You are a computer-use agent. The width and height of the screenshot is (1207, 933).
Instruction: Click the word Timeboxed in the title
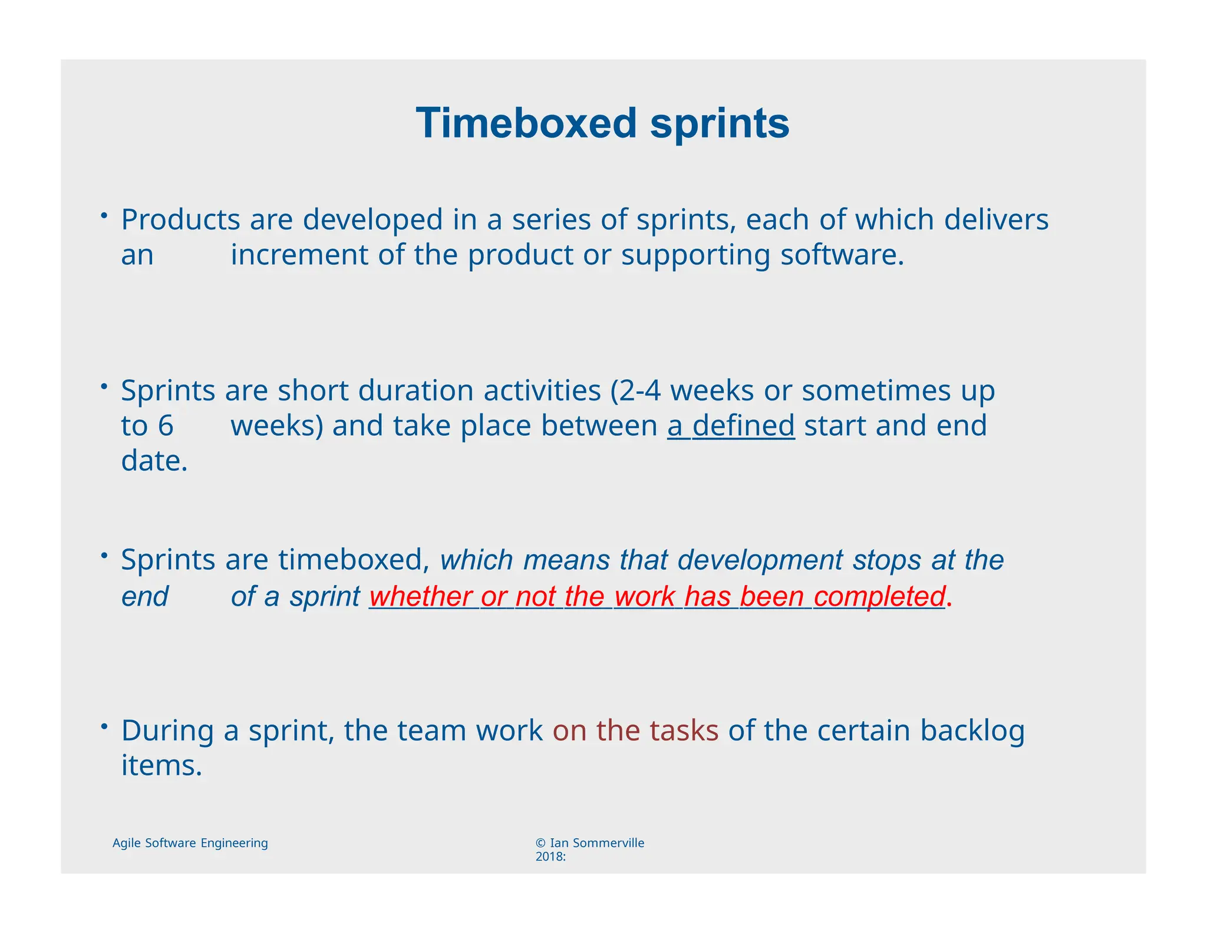[x=526, y=123]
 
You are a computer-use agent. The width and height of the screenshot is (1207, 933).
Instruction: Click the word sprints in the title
[x=720, y=124]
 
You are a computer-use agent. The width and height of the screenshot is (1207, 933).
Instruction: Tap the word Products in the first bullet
[x=180, y=219]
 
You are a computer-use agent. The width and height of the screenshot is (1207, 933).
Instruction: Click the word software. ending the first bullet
[x=842, y=255]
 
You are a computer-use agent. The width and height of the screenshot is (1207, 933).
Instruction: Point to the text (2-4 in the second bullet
[x=635, y=390]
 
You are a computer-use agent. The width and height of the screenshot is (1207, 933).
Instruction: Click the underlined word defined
[x=743, y=425]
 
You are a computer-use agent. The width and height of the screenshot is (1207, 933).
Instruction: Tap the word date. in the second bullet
[x=154, y=461]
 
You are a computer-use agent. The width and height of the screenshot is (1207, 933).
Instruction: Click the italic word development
[x=760, y=560]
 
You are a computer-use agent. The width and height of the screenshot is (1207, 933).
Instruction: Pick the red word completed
[x=879, y=596]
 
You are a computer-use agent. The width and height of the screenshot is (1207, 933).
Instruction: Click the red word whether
[x=420, y=596]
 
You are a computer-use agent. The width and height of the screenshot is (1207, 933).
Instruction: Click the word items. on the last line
[x=161, y=766]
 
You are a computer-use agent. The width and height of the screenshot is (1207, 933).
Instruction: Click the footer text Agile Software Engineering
[x=190, y=843]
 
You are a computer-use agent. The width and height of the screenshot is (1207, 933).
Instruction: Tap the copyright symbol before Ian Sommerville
[x=540, y=843]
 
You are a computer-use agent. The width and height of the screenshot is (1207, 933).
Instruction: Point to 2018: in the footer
[x=550, y=857]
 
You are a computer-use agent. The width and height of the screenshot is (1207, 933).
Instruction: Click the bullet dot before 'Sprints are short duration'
[x=103, y=386]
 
